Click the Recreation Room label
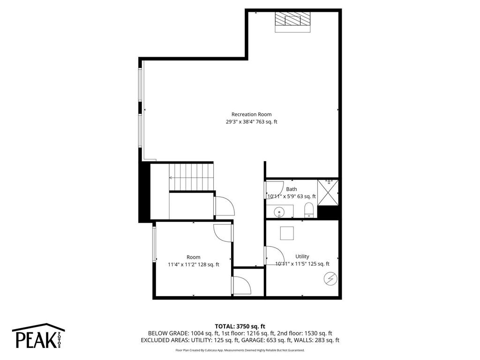pyautogui.click(x=251, y=114)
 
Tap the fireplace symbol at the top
pyautogui.click(x=293, y=20)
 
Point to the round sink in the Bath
pyautogui.click(x=279, y=211)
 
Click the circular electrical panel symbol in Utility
pyautogui.click(x=330, y=278)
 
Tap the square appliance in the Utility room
pyautogui.click(x=287, y=233)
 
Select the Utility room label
pyautogui.click(x=302, y=256)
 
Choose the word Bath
pyautogui.click(x=292, y=189)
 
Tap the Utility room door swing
pyautogui.click(x=272, y=255)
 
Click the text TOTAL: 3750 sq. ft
pyautogui.click(x=240, y=326)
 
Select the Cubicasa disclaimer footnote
pyautogui.click(x=240, y=350)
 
